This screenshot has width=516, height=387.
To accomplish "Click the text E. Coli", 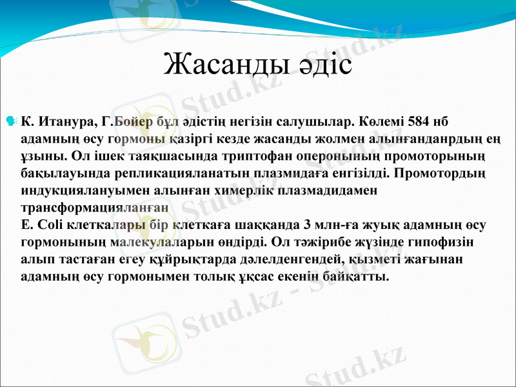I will pyautogui.click(x=44, y=225).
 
